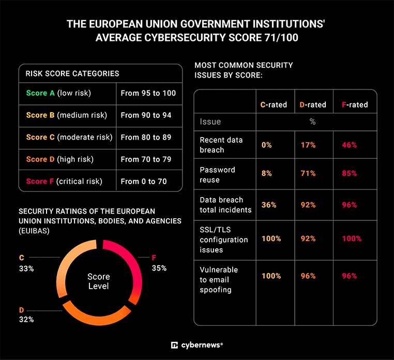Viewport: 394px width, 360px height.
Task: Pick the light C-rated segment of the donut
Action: click(66, 264)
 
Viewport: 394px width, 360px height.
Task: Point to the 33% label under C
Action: click(26, 268)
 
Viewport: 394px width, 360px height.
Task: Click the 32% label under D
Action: click(26, 319)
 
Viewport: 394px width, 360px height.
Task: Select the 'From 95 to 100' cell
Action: click(148, 93)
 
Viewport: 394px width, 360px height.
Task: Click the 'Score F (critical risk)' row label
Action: click(64, 181)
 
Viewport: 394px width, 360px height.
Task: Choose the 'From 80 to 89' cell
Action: click(146, 137)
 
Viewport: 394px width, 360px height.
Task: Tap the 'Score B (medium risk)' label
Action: click(66, 115)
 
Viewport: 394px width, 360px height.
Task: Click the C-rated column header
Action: click(274, 104)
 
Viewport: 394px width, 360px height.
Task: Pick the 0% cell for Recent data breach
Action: click(266, 145)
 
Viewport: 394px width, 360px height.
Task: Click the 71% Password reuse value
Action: click(308, 173)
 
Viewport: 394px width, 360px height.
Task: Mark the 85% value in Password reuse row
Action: click(349, 173)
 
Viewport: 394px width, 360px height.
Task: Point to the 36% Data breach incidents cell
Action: click(269, 205)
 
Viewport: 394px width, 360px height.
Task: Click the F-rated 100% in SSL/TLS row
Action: click(352, 239)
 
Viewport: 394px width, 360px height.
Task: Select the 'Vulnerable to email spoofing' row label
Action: click(219, 280)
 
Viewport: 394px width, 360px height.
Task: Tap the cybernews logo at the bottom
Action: click(196, 345)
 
